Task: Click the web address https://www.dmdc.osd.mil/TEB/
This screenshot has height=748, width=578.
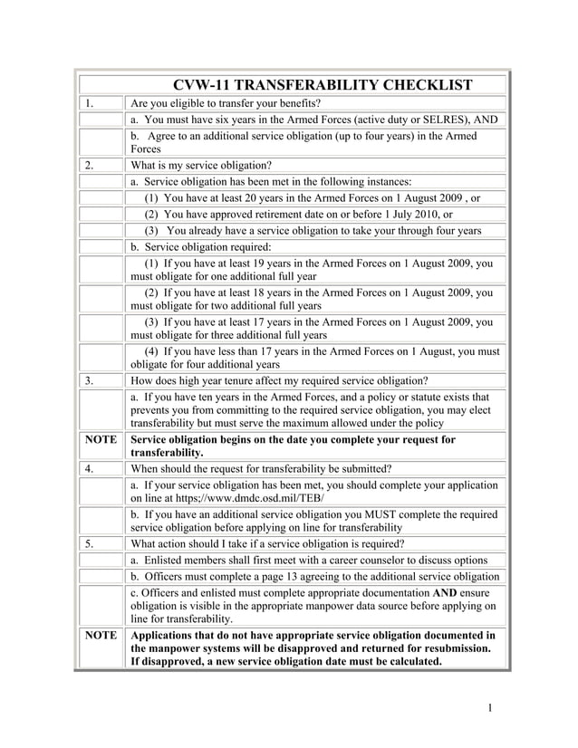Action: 249,498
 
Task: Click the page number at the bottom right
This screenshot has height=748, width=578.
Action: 488,707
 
